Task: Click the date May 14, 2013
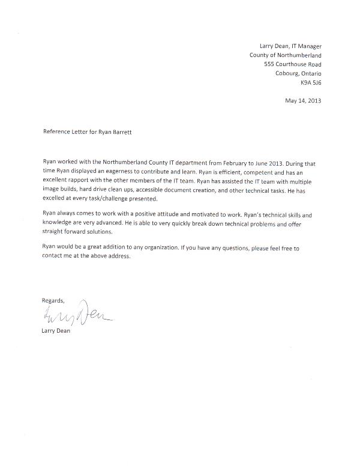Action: pyautogui.click(x=302, y=100)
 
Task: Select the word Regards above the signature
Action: pyautogui.click(x=53, y=300)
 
